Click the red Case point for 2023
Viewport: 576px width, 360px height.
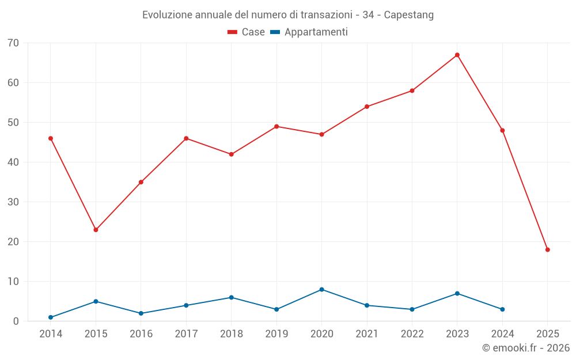point(457,55)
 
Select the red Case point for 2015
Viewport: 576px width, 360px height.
point(96,230)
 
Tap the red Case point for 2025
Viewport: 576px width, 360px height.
point(547,249)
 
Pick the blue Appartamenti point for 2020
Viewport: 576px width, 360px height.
point(321,289)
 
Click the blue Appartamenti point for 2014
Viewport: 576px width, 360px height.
point(51,317)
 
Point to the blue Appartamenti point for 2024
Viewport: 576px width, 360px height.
point(502,309)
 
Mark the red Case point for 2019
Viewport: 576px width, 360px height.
point(276,126)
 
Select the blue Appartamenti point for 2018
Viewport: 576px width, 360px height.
point(231,297)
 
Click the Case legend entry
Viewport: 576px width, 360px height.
point(247,32)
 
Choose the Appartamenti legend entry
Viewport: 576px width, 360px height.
point(309,32)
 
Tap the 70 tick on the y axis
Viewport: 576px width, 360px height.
point(13,43)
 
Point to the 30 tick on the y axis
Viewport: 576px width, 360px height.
point(13,202)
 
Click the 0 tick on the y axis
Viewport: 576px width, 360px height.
point(16,321)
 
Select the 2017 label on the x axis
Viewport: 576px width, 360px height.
point(186,334)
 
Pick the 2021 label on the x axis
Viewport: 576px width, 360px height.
point(366,334)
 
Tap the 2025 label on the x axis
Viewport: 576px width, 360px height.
point(547,334)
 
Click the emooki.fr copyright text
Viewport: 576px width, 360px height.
point(525,348)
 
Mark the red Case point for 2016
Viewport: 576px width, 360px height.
point(141,182)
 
